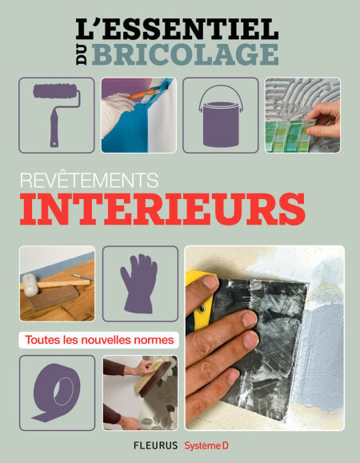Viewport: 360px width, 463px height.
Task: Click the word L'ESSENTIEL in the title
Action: point(177,29)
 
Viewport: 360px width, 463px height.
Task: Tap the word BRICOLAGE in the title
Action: point(185,54)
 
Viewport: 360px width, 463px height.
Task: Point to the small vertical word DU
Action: point(82,54)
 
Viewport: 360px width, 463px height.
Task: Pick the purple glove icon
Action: point(139,283)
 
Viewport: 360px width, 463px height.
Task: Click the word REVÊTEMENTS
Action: point(89,180)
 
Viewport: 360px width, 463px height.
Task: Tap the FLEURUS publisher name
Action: point(156,445)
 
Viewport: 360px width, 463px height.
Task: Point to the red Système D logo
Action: point(206,445)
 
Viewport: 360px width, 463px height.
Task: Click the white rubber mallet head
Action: point(30,285)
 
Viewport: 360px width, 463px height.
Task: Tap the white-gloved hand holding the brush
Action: point(117,114)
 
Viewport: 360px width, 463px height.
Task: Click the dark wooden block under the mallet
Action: point(54,297)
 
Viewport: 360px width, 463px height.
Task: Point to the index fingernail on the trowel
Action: point(210,282)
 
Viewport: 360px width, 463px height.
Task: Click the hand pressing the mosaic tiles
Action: point(323,120)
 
